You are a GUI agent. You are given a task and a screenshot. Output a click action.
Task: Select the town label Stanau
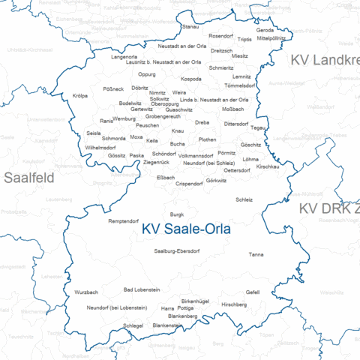[x=191, y=27]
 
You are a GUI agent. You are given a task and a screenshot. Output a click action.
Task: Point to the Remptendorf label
[x=124, y=221]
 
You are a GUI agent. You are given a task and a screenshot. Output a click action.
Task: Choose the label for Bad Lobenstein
[x=142, y=289]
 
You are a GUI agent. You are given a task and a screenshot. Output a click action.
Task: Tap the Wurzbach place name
[x=86, y=292]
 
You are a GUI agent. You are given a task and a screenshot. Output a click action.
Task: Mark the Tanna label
[x=256, y=255]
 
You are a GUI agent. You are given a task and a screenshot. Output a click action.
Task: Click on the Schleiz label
[x=244, y=199]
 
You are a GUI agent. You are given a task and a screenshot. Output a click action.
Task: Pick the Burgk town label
[x=177, y=214]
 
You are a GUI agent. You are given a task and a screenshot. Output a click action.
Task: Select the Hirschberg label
[x=234, y=304]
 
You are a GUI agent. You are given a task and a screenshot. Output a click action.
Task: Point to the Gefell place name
[x=253, y=292]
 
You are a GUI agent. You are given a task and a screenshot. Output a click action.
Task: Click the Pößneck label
[x=113, y=88]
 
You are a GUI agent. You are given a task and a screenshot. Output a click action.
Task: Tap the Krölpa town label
[x=80, y=95]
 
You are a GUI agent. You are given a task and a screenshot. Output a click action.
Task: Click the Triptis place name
[x=244, y=39]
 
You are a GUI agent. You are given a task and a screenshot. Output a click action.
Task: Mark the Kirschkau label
[x=268, y=166]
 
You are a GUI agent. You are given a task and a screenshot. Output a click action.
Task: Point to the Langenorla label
[x=124, y=57]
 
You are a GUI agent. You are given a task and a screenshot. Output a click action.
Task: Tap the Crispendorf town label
[x=189, y=183]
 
